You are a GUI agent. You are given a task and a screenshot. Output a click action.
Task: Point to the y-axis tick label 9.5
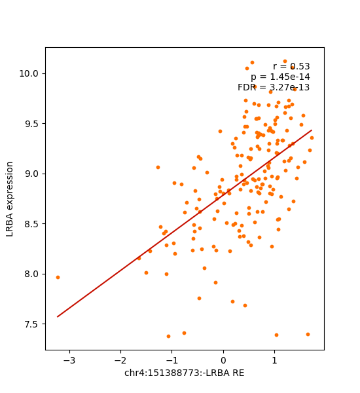point(33,124)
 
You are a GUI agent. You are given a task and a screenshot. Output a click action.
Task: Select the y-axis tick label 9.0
point(33,174)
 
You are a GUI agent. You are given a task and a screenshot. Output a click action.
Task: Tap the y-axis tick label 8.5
point(33,224)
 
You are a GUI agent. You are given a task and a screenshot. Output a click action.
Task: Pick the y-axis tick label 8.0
point(33,274)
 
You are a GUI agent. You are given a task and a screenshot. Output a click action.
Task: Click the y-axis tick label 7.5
point(33,324)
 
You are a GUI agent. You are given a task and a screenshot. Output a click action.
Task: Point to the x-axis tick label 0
point(223,360)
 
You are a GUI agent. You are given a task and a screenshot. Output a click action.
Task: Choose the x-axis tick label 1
point(274,360)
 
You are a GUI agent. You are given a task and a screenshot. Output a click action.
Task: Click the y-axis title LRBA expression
point(10,198)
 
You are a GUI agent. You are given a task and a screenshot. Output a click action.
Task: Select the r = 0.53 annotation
point(291,67)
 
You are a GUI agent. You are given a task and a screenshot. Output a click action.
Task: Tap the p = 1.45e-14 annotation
point(280,77)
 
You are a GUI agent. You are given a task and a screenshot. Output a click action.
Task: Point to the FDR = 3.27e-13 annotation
point(274,88)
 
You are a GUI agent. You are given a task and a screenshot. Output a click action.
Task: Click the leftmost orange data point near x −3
point(58,277)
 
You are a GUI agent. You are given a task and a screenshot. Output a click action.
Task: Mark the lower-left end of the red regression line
point(58,317)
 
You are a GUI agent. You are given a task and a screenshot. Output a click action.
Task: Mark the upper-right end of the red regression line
point(312,130)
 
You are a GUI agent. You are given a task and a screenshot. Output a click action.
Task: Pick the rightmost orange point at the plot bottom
point(308,334)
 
